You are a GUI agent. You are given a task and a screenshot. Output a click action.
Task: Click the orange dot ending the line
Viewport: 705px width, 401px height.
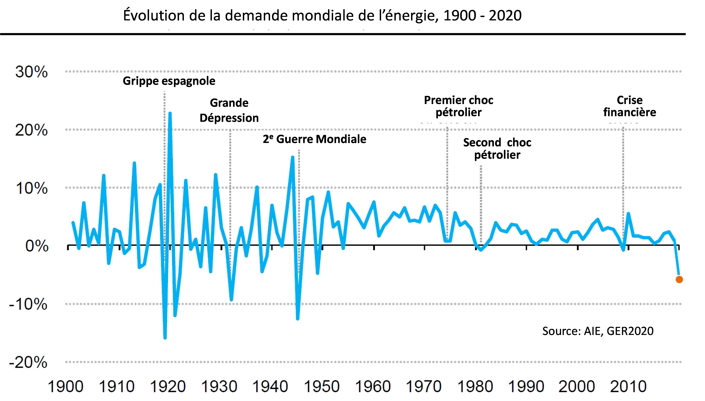pyautogui.click(x=679, y=280)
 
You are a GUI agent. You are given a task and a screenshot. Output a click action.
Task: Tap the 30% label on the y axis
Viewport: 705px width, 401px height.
pyautogui.click(x=31, y=72)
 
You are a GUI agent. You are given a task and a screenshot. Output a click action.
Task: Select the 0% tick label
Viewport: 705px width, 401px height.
pyautogui.click(x=37, y=246)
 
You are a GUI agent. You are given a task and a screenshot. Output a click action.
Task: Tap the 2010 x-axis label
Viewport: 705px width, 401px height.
pyautogui.click(x=628, y=386)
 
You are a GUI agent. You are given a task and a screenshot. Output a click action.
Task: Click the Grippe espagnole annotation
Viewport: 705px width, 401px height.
pyautogui.click(x=169, y=81)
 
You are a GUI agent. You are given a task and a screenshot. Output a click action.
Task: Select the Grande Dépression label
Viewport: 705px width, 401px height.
pyautogui.click(x=229, y=110)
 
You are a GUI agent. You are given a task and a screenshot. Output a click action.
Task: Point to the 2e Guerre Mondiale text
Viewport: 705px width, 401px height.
pyautogui.click(x=314, y=139)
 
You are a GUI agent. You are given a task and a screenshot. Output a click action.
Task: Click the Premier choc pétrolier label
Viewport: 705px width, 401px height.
pyautogui.click(x=458, y=106)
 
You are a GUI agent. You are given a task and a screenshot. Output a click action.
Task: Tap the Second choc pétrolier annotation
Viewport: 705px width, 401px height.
pyautogui.click(x=497, y=148)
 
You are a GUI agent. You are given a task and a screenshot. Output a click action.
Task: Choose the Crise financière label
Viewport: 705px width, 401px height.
pyautogui.click(x=630, y=106)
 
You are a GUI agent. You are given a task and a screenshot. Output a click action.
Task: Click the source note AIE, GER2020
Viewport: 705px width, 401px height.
pyautogui.click(x=598, y=331)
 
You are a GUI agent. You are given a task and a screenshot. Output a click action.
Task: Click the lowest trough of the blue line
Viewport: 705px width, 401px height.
pyautogui.click(x=165, y=338)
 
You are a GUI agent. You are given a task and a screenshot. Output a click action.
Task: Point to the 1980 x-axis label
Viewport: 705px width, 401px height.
pyautogui.click(x=475, y=386)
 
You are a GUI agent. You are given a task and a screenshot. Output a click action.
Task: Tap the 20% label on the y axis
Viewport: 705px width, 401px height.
pyautogui.click(x=31, y=130)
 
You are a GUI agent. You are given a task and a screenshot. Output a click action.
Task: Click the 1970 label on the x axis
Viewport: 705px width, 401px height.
pyautogui.click(x=424, y=386)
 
